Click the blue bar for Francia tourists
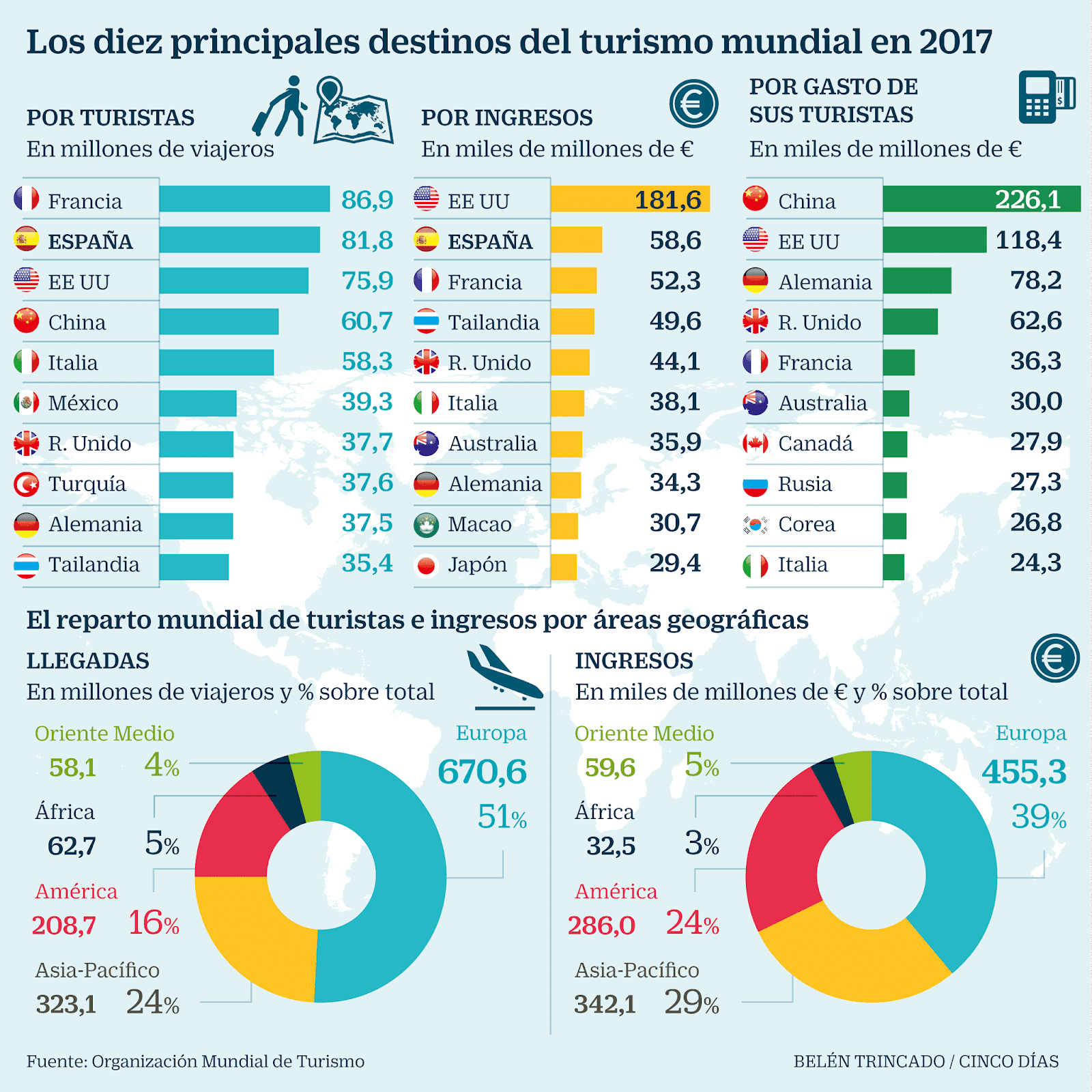[244, 199]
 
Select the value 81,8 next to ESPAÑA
[367, 240]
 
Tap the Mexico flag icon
[27, 403]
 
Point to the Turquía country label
[87, 484]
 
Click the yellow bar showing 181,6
[629, 199]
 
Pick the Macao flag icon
[427, 524]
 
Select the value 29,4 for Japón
[675, 563]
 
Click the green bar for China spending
[981, 199]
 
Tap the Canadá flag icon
[756, 444]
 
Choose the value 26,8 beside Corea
[1035, 523]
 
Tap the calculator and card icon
[1046, 97]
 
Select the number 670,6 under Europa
[482, 772]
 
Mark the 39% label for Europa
[1038, 817]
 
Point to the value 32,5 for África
[611, 846]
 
